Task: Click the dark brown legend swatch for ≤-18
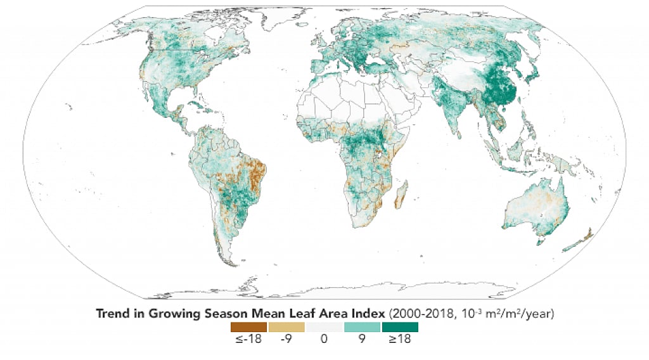pyautogui.click(x=248, y=327)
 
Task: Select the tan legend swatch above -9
pyautogui.click(x=286, y=327)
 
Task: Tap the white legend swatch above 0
pyautogui.click(x=324, y=327)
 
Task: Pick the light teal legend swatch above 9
pyautogui.click(x=361, y=327)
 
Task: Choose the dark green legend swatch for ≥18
pyautogui.click(x=399, y=327)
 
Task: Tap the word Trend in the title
pyautogui.click(x=112, y=313)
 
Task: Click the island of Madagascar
pyautogui.click(x=401, y=193)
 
